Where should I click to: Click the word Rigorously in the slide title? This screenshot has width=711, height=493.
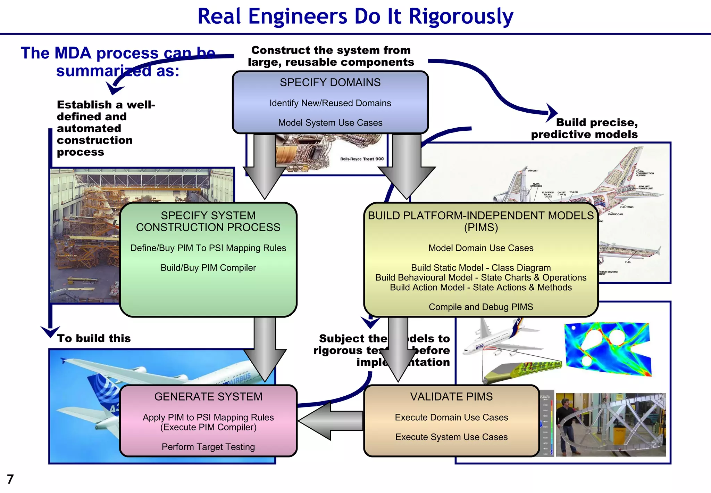pyautogui.click(x=461, y=17)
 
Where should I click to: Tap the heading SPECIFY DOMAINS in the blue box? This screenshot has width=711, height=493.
pyautogui.click(x=330, y=82)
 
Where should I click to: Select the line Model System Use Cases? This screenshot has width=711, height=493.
pyautogui.click(x=330, y=123)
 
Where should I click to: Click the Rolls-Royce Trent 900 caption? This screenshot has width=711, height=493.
pyautogui.click(x=362, y=159)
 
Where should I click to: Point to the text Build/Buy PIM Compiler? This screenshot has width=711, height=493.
pyautogui.click(x=208, y=268)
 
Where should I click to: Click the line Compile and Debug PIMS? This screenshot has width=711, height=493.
pyautogui.click(x=480, y=307)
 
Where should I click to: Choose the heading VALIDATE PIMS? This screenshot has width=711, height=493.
pyautogui.click(x=451, y=397)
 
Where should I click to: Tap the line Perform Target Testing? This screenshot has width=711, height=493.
pyautogui.click(x=208, y=447)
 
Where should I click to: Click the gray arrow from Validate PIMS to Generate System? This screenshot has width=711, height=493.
pyautogui.click(x=330, y=421)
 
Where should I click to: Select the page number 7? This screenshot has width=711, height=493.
pyautogui.click(x=10, y=479)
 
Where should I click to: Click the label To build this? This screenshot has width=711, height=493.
pyautogui.click(x=94, y=338)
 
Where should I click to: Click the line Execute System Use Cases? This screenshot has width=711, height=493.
pyautogui.click(x=451, y=437)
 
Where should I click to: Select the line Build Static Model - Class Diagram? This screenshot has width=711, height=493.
pyautogui.click(x=480, y=268)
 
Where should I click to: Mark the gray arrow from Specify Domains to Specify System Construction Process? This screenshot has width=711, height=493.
pyautogui.click(x=265, y=167)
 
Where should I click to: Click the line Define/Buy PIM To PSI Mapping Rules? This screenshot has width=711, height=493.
pyautogui.click(x=208, y=248)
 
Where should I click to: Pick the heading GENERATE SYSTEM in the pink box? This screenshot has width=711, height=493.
pyautogui.click(x=208, y=397)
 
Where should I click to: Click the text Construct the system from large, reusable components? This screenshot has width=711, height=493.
pyautogui.click(x=331, y=56)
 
